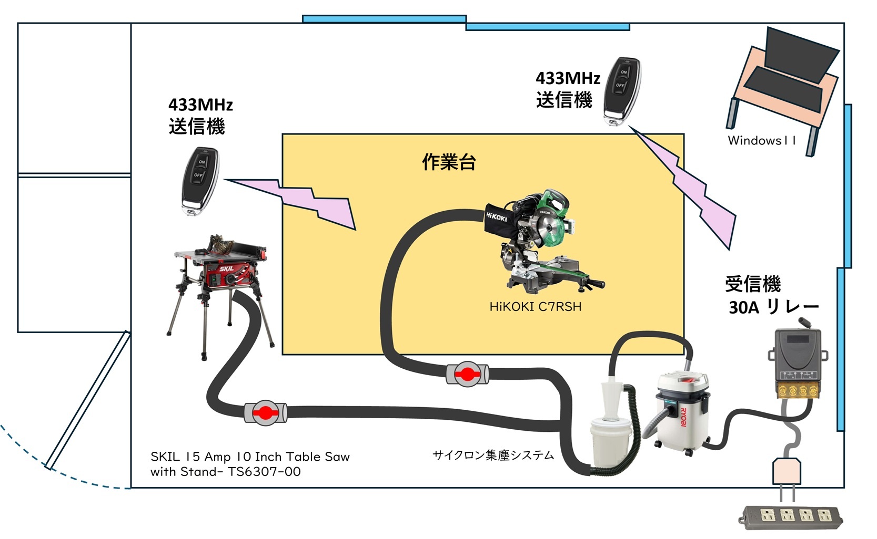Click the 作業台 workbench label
(449, 162)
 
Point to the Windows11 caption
(761, 140)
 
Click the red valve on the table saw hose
(266, 413)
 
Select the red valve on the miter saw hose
(467, 374)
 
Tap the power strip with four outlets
(790, 517)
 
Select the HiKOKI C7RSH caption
(535, 307)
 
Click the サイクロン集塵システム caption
(493, 455)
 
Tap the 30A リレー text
(774, 307)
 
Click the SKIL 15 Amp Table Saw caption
(250, 464)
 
